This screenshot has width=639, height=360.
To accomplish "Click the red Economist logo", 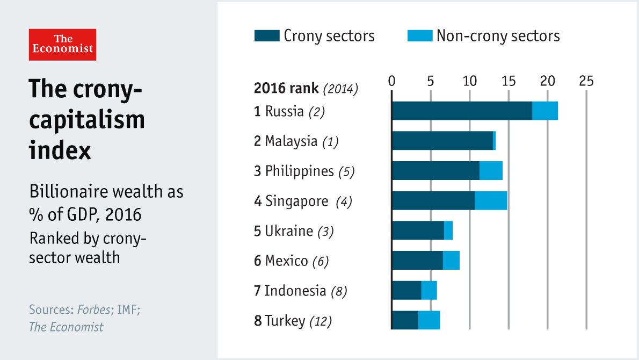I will pos(62,45).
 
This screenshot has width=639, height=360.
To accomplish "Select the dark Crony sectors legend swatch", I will pos(266,36).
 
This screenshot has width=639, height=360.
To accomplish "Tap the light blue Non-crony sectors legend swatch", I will pos(420,36).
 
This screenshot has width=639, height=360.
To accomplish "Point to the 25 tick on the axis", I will pos(586,81).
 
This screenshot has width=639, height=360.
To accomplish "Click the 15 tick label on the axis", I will pos(509,81).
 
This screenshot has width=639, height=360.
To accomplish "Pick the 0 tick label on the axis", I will pos(392,81).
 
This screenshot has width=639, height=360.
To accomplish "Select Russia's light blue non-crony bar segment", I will pos(545,111).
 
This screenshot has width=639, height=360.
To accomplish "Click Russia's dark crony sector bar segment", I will pos(462,111).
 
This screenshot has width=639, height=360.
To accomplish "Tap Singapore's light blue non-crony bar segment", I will pos(491,200).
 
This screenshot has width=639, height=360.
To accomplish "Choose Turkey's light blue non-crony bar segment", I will pos(429,320).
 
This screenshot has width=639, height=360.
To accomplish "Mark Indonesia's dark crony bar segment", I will pos(406,290).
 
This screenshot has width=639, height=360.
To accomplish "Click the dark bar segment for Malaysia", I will pos(442,141).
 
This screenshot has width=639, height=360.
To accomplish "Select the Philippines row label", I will pos(299,171).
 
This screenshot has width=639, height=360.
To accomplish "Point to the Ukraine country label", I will pos(288,231).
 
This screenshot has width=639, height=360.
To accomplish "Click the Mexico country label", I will pos(286,261).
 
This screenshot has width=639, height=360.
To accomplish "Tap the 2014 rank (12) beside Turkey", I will pos(321,321).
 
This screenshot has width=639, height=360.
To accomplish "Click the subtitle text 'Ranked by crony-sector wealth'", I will pos(88,248).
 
